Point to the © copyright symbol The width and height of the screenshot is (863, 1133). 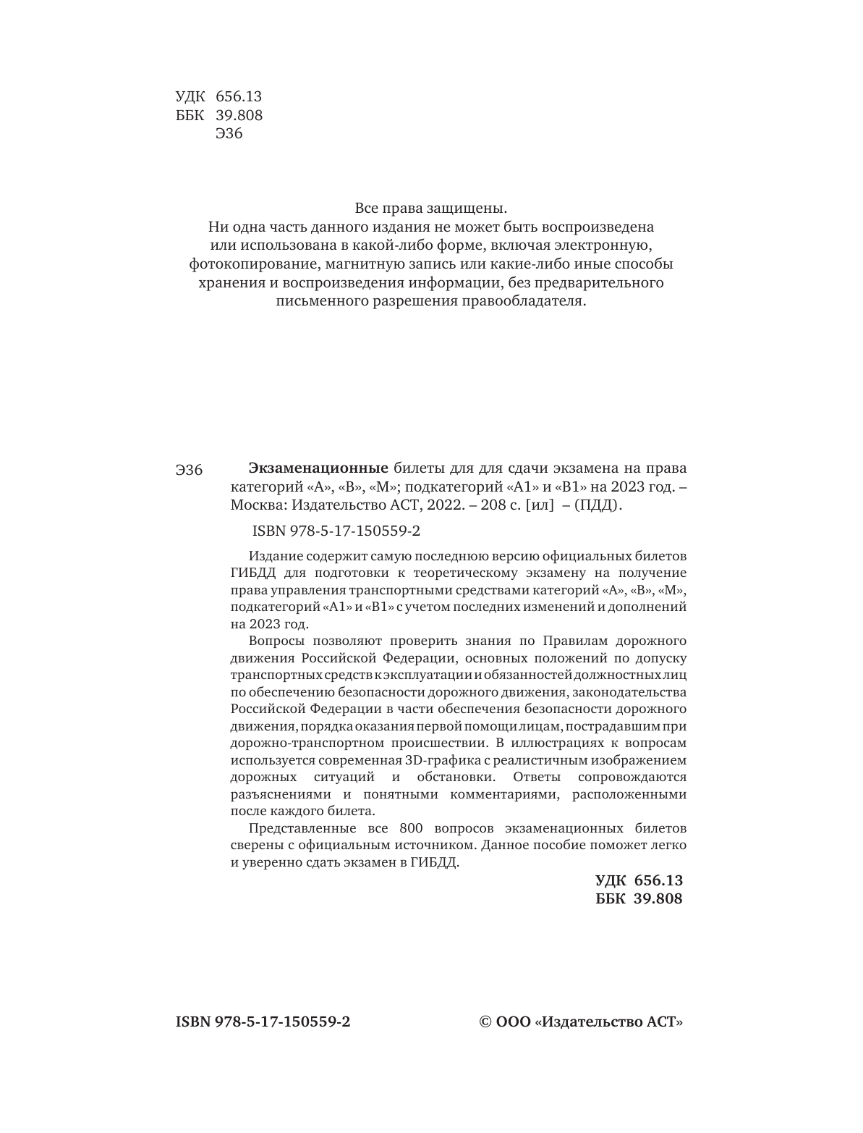point(486,1022)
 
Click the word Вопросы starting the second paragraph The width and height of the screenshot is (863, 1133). point(275,641)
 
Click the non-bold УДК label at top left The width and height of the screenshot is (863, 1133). point(190,96)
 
